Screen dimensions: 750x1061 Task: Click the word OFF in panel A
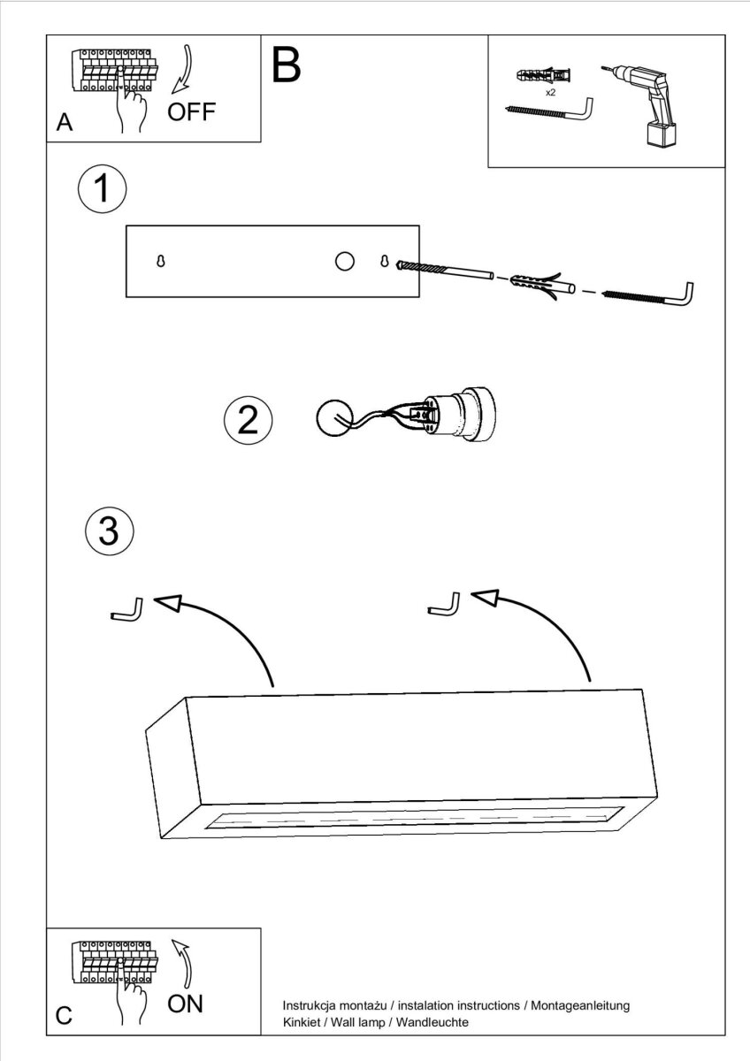[x=191, y=111]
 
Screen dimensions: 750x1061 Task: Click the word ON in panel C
[x=185, y=1004]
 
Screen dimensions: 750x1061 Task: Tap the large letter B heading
[x=287, y=65]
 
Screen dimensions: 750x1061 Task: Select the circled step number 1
[x=103, y=188]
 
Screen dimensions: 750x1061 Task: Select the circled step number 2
[x=249, y=420]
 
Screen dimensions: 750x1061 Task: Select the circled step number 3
[x=110, y=531]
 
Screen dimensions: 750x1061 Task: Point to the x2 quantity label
[x=550, y=93]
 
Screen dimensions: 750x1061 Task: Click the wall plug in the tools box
[x=543, y=75]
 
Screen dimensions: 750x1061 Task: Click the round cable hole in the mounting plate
[x=344, y=261]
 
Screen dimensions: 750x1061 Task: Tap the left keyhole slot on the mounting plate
[x=161, y=261]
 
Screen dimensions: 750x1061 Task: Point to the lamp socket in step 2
[x=457, y=415]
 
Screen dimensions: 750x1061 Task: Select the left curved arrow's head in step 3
[x=168, y=603]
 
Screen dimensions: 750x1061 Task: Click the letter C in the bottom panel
[x=64, y=1016]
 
